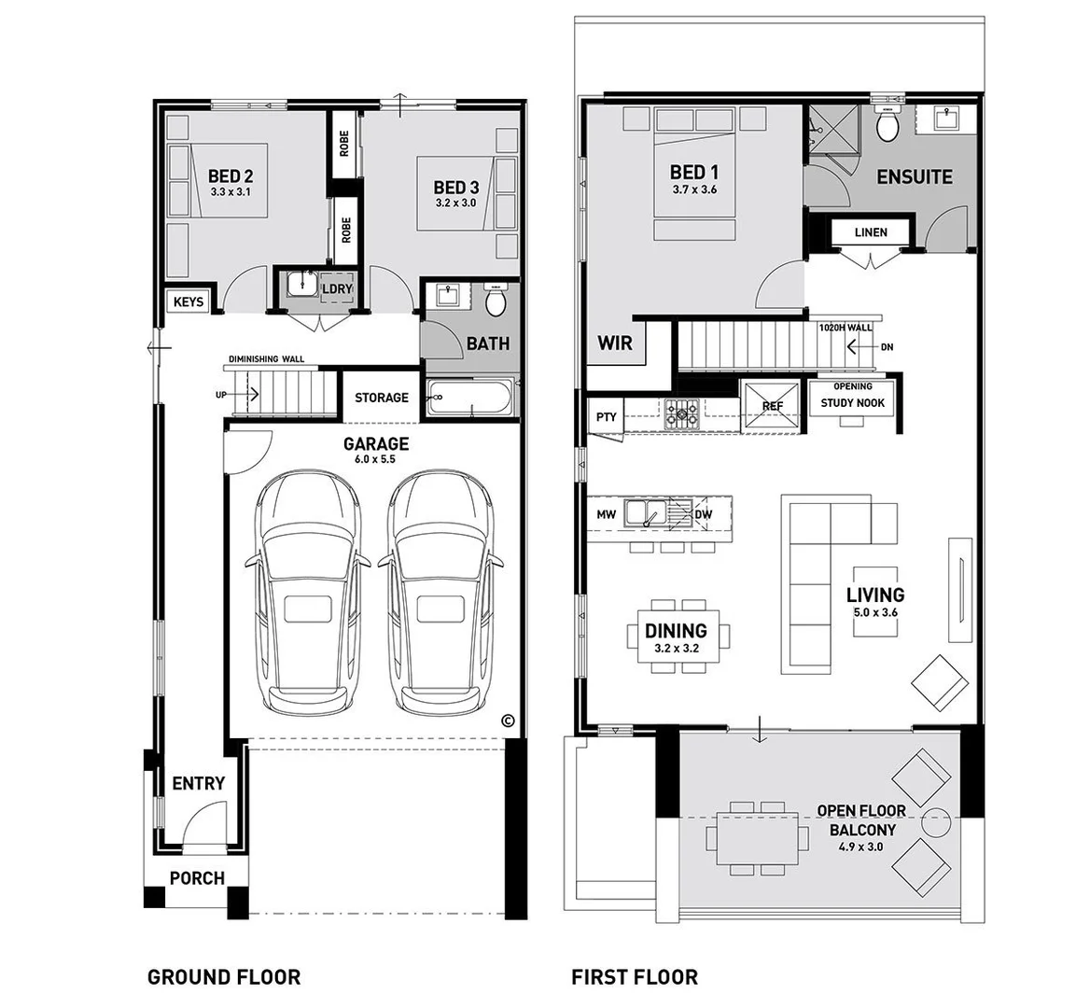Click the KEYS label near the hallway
point(189,302)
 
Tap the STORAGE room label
point(381,398)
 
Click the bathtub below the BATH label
point(471,399)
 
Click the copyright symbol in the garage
point(508,721)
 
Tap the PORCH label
point(197,878)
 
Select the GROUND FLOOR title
point(224,977)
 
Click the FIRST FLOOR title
point(635,977)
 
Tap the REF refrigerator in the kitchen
point(772,406)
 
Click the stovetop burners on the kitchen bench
point(680,412)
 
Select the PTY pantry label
point(607,417)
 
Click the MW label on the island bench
point(607,514)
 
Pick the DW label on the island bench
point(703,514)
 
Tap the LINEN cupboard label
point(871,232)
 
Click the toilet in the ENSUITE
point(887,124)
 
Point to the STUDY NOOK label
point(852,403)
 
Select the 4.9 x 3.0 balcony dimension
point(856,847)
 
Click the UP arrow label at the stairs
point(220,395)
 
